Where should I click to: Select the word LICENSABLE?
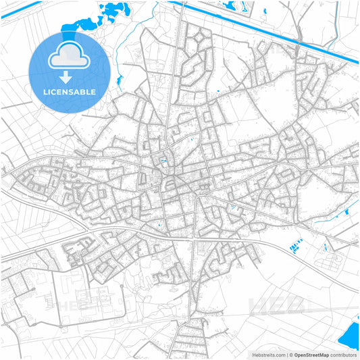click(x=70, y=91)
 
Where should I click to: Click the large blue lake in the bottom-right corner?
click(x=351, y=334)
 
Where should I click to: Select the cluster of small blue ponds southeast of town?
click(x=297, y=247)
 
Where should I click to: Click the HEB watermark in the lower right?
click(x=277, y=305)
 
